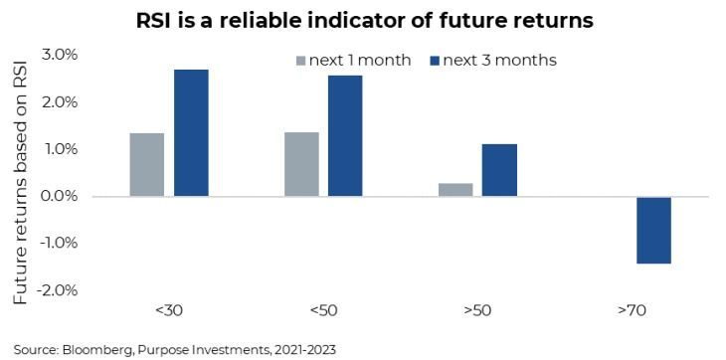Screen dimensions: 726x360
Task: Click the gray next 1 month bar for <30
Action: (x=147, y=165)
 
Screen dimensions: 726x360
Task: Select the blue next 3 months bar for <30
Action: (x=191, y=133)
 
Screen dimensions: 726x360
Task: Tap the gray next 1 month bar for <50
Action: (x=302, y=164)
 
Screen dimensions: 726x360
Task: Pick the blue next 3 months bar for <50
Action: (x=345, y=136)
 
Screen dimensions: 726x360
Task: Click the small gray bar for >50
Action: (x=455, y=190)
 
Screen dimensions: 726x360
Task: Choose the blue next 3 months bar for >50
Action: (x=499, y=170)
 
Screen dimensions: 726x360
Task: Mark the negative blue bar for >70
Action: (x=653, y=231)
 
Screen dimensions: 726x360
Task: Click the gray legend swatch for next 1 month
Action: (x=300, y=61)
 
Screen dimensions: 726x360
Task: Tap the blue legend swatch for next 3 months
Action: (x=435, y=61)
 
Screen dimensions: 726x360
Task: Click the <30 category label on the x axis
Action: (x=169, y=310)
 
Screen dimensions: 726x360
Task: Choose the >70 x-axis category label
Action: (x=632, y=310)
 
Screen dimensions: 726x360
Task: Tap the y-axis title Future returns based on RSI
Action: (x=20, y=179)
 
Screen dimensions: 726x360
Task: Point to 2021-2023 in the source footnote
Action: (x=308, y=349)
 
